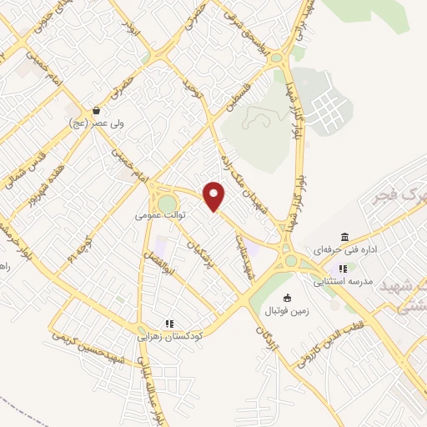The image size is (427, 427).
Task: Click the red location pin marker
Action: (215, 196)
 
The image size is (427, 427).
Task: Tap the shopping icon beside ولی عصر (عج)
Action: (98, 110)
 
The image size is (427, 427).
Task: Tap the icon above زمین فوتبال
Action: (288, 299)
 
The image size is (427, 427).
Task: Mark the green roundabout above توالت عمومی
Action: (167, 203)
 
